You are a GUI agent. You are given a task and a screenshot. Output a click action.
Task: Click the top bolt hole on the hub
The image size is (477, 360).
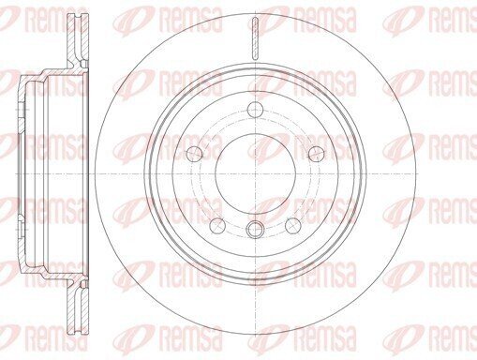tap(256, 110)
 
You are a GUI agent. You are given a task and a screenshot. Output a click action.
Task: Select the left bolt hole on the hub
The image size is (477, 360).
tap(194, 153)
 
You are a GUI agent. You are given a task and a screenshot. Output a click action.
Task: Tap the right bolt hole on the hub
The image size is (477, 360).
tap(317, 153)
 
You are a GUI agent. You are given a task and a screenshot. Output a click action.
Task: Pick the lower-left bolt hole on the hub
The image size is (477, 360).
tap(217, 226)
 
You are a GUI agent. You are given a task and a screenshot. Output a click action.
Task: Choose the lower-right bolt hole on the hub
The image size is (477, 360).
tap(293, 226)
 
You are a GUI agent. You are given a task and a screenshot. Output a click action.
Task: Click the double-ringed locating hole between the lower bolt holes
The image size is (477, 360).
tap(256, 230)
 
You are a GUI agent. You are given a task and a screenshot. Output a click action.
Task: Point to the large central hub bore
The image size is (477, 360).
tap(256, 173)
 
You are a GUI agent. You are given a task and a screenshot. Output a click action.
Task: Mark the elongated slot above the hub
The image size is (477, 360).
tap(256, 38)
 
